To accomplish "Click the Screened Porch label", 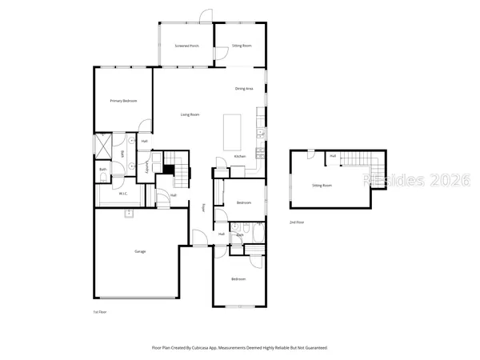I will pos(186,46).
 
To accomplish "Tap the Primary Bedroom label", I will pos(123,101).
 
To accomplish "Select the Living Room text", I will pos(190,116).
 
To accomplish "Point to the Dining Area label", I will pos(244,89).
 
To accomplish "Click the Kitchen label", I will pos(239,156).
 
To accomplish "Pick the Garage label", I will pos(140,251).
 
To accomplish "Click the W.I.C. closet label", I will pos(124,194).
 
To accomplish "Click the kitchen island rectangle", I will pos(233,128).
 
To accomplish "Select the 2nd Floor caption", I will pos(297,222).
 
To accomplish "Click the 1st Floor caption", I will pos(101,311).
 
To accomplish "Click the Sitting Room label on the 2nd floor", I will pos(322,185).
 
